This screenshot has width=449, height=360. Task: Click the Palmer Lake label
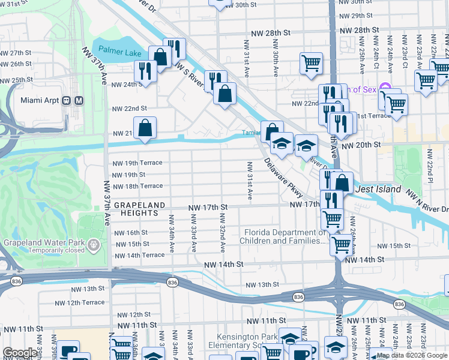pos(120,52)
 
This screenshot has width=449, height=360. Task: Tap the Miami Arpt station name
pos(41,100)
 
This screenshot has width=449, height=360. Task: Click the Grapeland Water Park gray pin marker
pos(94,245)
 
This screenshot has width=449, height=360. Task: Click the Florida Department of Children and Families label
pos(285,236)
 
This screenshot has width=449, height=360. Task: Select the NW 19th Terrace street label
pos(138,163)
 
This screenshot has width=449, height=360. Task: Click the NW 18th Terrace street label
pos(138,187)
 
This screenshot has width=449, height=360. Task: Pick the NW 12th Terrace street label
pos(86,302)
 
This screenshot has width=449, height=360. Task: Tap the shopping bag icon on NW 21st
pos(145,128)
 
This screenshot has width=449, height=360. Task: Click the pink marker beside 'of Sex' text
pos(385,89)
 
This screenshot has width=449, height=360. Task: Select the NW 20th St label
pos(361,145)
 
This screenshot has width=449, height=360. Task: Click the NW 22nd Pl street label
pos(431,161)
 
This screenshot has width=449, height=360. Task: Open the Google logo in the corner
pos(20,353)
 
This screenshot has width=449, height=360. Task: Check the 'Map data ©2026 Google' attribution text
pos(411,355)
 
